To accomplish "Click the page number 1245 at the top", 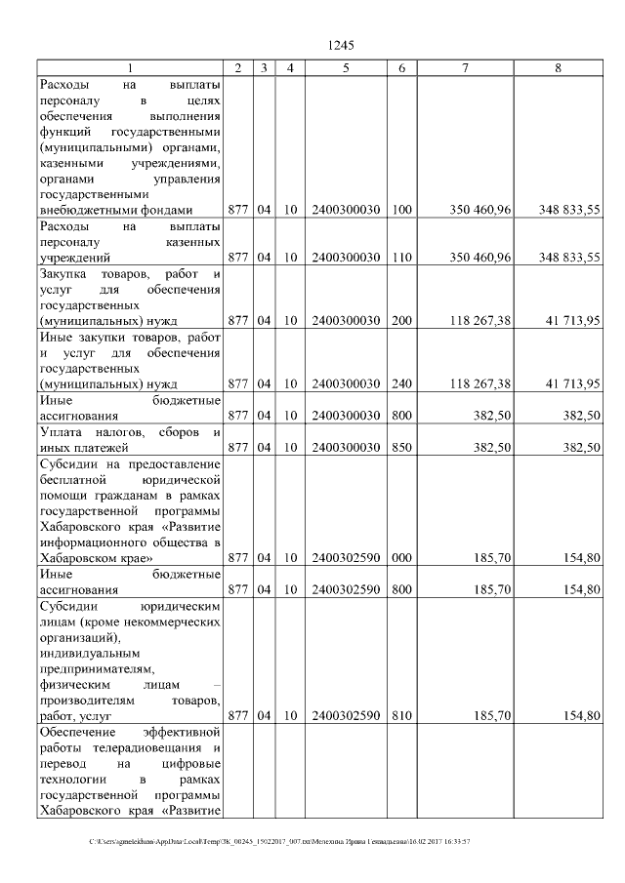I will click(341, 45).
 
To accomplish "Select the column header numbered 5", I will click(346, 67).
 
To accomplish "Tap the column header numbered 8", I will click(558, 67).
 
